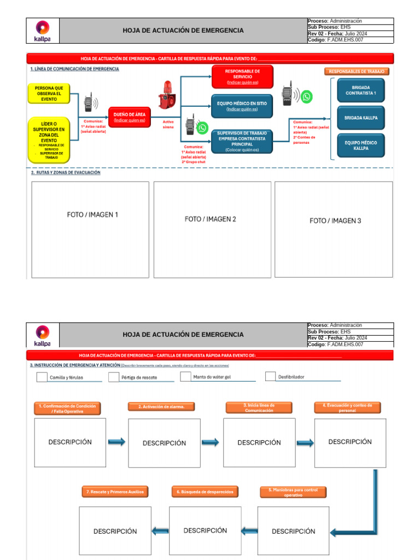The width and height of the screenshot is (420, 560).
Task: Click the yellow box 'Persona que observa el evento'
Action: [x=49, y=94]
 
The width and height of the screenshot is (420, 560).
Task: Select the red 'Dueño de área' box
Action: [x=130, y=117]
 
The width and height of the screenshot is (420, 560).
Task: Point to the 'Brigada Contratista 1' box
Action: [x=360, y=90]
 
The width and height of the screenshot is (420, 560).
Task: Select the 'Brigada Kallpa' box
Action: [x=360, y=118]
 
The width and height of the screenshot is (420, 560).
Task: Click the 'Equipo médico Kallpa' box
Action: [x=360, y=145]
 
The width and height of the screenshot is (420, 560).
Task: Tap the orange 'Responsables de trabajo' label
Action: [x=357, y=72]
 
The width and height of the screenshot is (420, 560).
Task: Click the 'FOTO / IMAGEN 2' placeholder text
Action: [x=211, y=219]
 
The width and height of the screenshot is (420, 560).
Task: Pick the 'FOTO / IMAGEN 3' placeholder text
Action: [x=335, y=221]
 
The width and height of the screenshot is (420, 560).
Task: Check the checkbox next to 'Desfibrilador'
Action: [x=270, y=376]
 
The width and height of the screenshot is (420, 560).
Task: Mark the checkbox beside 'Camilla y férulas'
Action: [x=42, y=377]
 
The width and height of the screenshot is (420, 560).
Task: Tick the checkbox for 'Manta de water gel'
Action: [x=185, y=376]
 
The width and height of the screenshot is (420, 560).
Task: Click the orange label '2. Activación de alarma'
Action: [x=161, y=406]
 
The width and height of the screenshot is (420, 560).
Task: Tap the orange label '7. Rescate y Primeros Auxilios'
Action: [x=115, y=492]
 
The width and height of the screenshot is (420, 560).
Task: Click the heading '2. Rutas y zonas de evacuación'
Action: [x=66, y=172]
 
